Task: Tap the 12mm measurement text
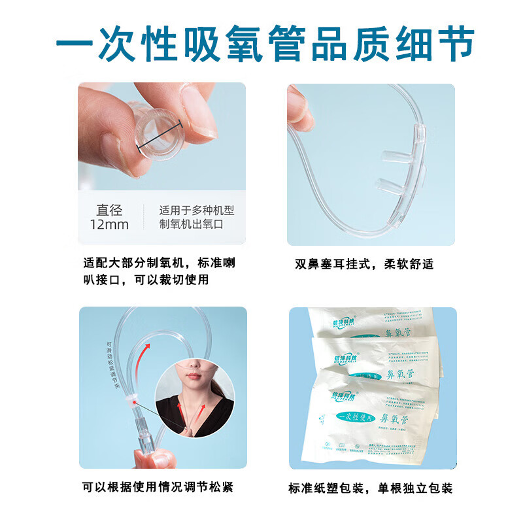pos(109,225)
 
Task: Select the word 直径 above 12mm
pos(109,210)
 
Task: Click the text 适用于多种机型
pos(196,211)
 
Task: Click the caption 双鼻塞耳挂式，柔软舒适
pos(364,264)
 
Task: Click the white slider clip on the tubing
pos(134,398)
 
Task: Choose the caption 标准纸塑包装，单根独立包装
pos(370,488)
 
